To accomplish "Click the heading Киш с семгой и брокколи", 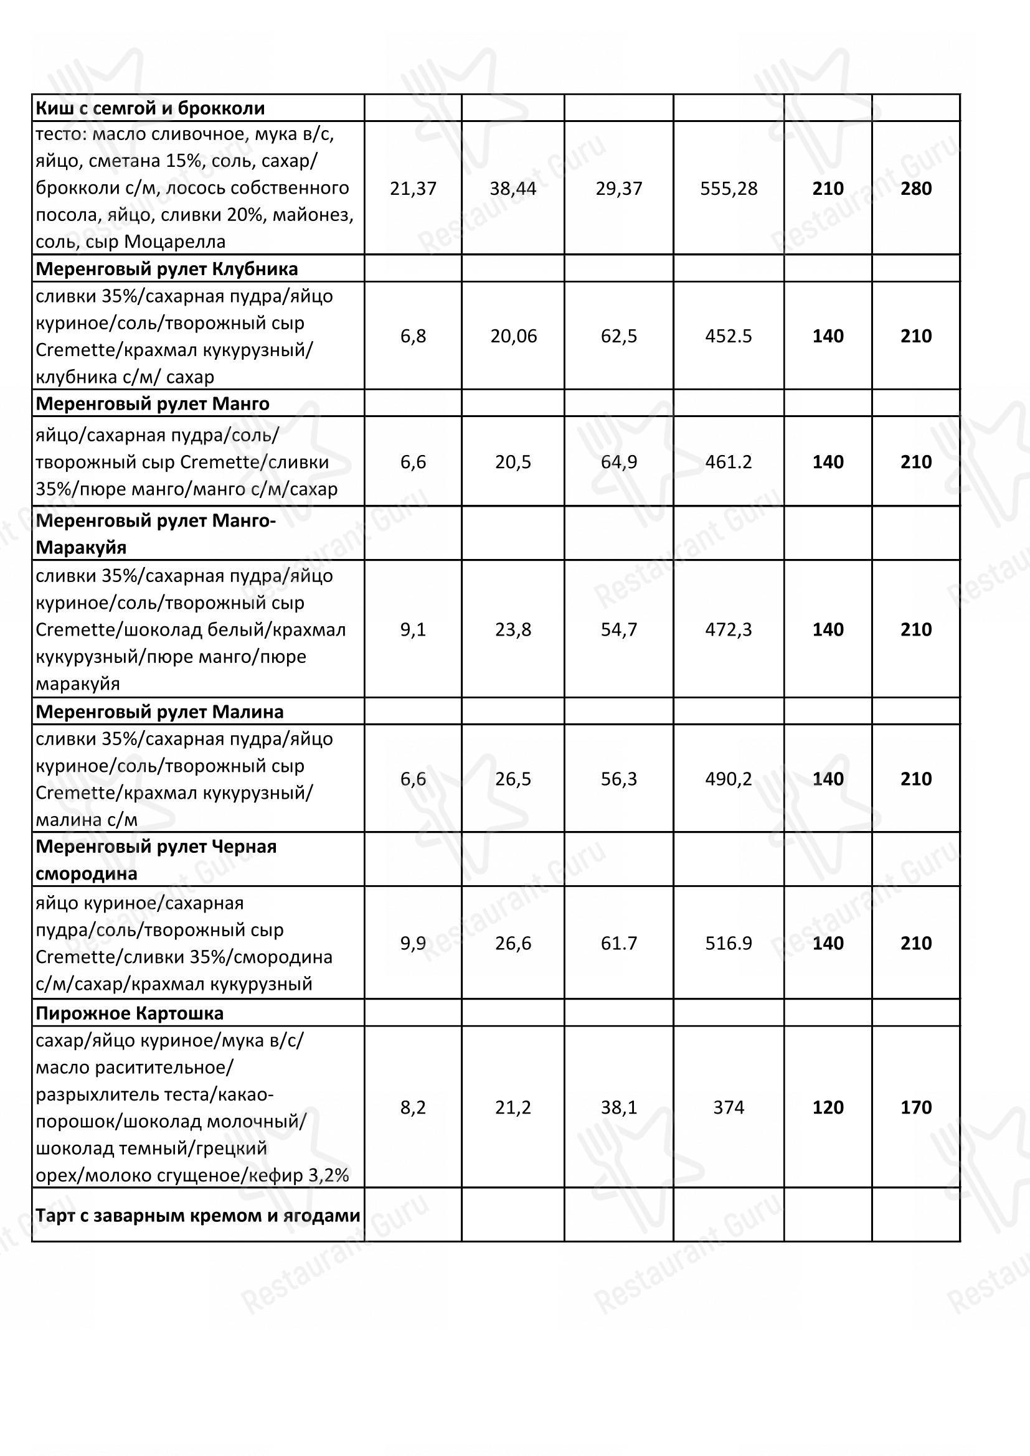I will pos(150,108).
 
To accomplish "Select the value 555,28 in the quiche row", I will pos(729,189).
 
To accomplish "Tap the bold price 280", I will pos(916,189).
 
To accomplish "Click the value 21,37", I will pos(413,189).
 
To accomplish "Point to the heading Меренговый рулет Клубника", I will pos(167,269).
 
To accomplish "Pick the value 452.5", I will pos(729,336).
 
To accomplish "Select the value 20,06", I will pos(513,336).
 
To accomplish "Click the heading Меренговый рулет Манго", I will pos(153,403).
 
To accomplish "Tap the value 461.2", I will pos(729,462).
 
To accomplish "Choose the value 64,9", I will pos(619,462).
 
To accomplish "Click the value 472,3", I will pos(729,629).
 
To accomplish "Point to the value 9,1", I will pos(413,629).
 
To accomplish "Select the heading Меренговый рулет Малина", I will pos(160,712).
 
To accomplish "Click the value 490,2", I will pos(729,779).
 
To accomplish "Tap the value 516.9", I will pos(729,943).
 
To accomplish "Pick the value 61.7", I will pos(619,943).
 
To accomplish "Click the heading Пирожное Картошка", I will pos(130,1013).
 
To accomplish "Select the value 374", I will pos(729,1107).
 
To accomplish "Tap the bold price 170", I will pos(916,1107).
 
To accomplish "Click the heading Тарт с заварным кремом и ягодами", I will pos(198,1216).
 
